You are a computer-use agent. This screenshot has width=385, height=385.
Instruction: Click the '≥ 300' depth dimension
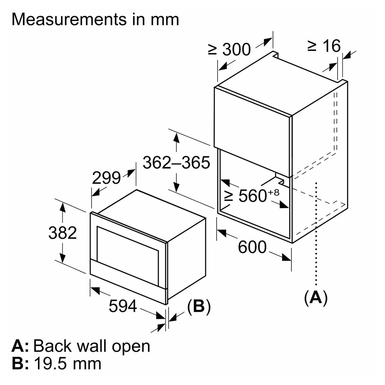click(229, 49)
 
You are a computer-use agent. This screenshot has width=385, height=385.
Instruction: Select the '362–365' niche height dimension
click(176, 163)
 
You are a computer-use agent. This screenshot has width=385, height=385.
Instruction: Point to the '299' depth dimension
click(106, 178)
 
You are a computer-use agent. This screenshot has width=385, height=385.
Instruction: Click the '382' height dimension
click(63, 233)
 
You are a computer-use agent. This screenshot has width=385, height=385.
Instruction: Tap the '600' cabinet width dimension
click(252, 247)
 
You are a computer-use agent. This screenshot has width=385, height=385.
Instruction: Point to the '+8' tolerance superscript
click(274, 192)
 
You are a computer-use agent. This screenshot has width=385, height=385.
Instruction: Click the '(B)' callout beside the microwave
click(199, 306)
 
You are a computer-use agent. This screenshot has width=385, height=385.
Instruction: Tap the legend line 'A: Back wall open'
click(81, 346)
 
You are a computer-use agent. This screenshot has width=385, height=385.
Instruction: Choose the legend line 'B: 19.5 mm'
click(56, 364)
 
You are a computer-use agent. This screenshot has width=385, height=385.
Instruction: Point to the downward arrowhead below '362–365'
click(176, 186)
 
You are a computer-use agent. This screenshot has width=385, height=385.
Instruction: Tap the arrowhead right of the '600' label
click(286, 257)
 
